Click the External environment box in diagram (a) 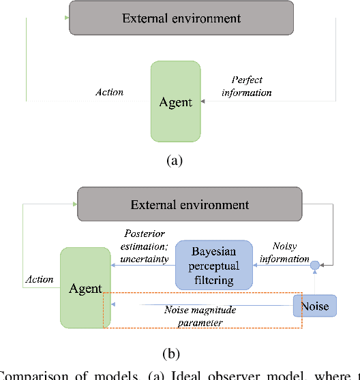pos(181,18)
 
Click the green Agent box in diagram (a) pos(175,102)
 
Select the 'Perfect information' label pos(246,86)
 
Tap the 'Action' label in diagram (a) pos(109,92)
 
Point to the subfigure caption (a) pos(175,161)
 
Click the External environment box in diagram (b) pos(190,204)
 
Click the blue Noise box pos(314,306)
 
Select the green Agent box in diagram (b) pos(85,289)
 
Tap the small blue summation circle pos(315,265)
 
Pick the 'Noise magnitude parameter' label pos(200,315)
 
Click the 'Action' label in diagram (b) pos(39,279)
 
